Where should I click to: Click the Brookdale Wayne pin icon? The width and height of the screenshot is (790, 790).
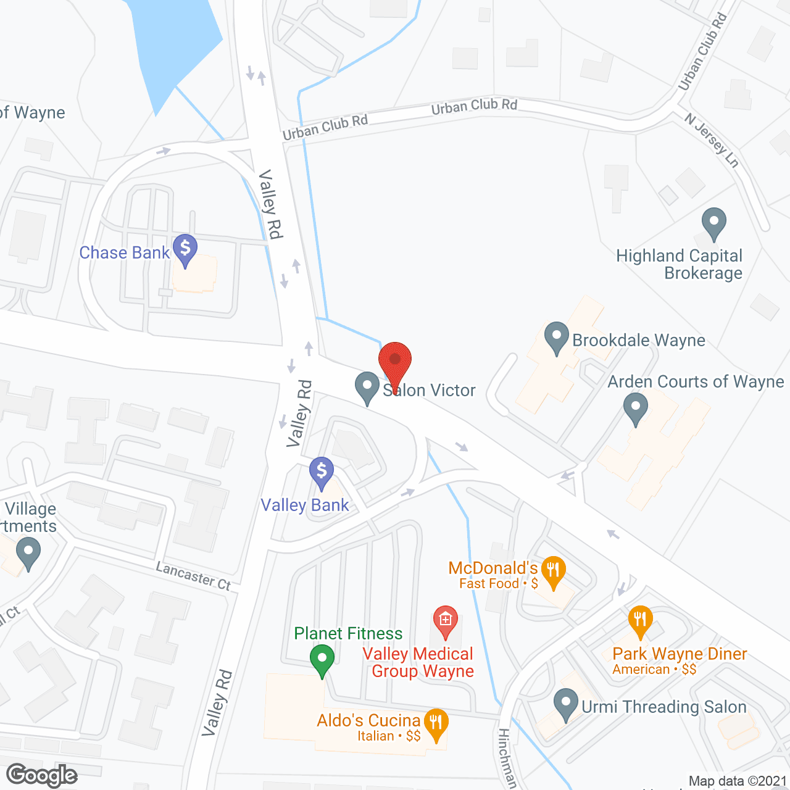pos(557,338)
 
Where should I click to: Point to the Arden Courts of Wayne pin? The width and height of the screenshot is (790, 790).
pos(635,409)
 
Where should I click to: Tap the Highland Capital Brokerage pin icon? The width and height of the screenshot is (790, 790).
pos(714,223)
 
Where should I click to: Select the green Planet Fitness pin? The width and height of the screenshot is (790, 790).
pos(322,660)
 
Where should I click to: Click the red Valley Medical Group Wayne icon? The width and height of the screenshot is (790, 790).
pos(445,622)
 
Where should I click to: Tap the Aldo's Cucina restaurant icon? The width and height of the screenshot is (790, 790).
pos(436,724)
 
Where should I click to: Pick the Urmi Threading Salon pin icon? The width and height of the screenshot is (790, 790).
pos(565,704)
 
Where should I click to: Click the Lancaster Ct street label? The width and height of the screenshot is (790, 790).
pos(193,576)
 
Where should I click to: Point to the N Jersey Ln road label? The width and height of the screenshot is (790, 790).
pos(712,141)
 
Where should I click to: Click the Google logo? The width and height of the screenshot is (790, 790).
pos(41,775)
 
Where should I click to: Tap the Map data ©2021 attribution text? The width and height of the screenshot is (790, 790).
pos(738,781)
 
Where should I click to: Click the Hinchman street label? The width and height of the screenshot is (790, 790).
pos(507,759)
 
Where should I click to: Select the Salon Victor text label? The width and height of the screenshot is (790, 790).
pos(430,390)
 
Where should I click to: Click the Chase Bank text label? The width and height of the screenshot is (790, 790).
pos(125,252)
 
